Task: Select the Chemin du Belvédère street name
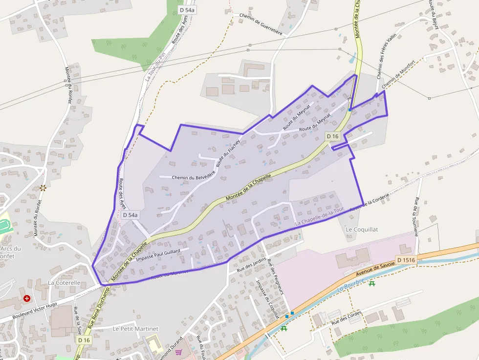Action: [194, 177]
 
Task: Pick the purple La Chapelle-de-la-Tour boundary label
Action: [320, 216]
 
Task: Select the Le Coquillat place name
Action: [362, 229]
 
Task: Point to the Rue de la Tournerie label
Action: [416, 217]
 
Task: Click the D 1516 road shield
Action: [406, 260]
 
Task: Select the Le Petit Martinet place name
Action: [136, 329]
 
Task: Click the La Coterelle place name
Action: [64, 283]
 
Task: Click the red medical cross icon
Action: [27, 298]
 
